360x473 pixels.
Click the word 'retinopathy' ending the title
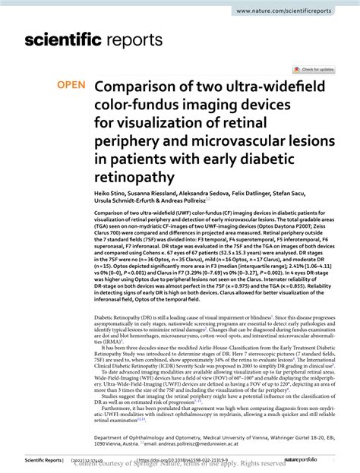tap(134, 179)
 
